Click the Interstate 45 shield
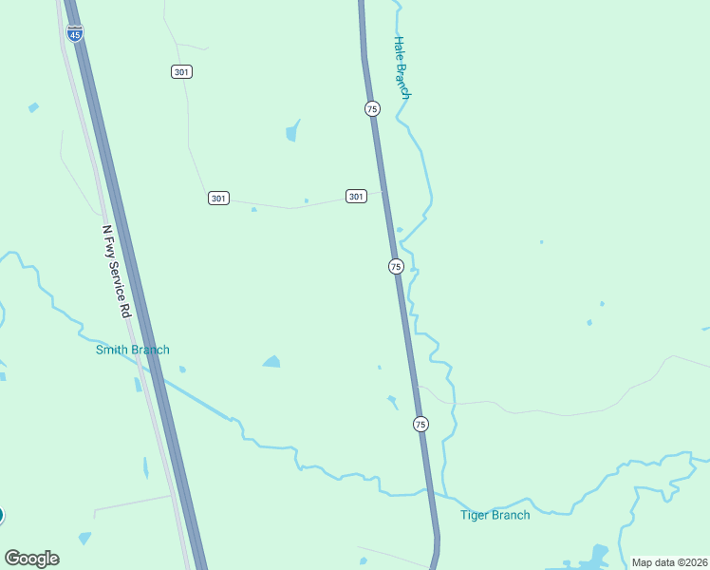pyautogui.click(x=75, y=33)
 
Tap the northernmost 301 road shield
pyautogui.click(x=181, y=72)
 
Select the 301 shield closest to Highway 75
pyautogui.click(x=356, y=197)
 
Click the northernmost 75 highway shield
pyautogui.click(x=372, y=109)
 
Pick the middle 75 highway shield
pyautogui.click(x=396, y=267)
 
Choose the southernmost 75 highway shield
pyautogui.click(x=420, y=424)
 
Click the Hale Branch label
pyautogui.click(x=402, y=68)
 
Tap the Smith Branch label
pyautogui.click(x=133, y=350)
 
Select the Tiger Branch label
pyautogui.click(x=495, y=515)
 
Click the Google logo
pyautogui.click(x=31, y=559)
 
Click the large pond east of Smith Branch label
pyautogui.click(x=271, y=361)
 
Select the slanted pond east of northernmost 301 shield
pyautogui.click(x=292, y=130)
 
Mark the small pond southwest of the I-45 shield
pyautogui.click(x=33, y=107)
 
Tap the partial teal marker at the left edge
pyautogui.click(x=2, y=516)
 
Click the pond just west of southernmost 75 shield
pyautogui.click(x=392, y=401)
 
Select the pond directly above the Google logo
pyautogui.click(x=84, y=539)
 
